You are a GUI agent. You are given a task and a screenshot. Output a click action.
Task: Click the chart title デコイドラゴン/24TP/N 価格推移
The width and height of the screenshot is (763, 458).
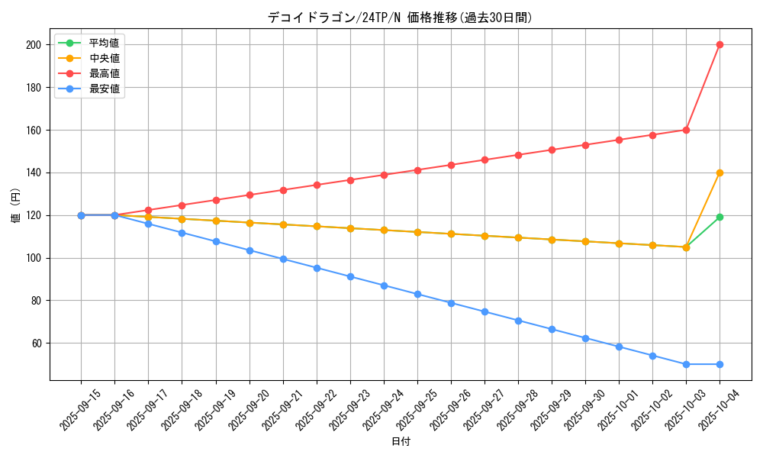click(400, 18)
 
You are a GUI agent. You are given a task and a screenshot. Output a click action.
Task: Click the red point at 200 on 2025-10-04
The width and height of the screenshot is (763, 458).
click(720, 44)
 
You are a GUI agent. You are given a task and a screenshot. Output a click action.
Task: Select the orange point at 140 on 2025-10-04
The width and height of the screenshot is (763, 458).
click(720, 173)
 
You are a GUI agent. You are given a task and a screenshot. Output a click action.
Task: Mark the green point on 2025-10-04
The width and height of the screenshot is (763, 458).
click(720, 217)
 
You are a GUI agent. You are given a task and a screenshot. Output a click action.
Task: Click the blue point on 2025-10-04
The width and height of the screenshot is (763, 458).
click(720, 364)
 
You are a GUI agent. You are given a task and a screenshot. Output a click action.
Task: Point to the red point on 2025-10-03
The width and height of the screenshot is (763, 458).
click(686, 130)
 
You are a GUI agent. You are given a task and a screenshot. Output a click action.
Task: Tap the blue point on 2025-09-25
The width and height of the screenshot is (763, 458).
click(417, 294)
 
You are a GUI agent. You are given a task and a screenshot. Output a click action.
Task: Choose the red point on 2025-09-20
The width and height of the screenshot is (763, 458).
click(250, 195)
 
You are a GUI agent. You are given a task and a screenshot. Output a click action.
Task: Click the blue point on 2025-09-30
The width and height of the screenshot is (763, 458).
click(585, 338)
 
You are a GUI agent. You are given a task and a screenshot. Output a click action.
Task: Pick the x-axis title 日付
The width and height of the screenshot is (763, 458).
click(401, 442)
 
